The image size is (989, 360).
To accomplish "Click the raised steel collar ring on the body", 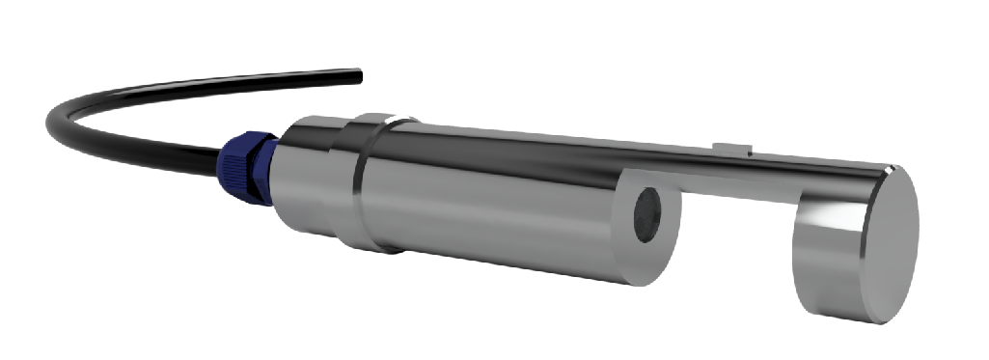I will coord(371,183).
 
